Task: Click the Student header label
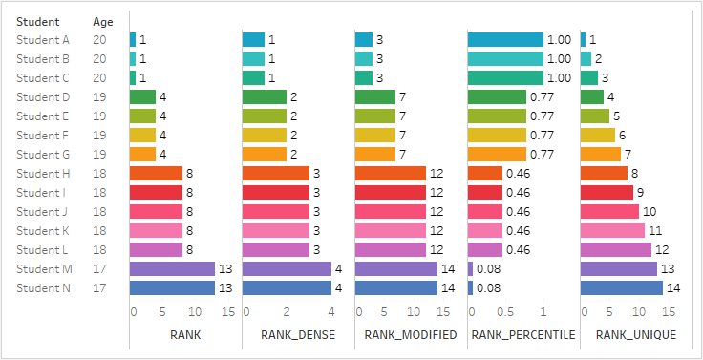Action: point(37,22)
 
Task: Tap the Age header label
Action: point(103,22)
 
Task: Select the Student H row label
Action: point(43,174)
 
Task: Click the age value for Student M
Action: point(99,269)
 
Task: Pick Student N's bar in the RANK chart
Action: point(172,287)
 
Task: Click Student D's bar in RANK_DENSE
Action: point(265,96)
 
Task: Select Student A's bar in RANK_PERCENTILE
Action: point(505,39)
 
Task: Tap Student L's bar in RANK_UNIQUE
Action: point(615,250)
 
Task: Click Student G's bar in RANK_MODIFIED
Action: point(375,155)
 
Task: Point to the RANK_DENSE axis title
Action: point(298,335)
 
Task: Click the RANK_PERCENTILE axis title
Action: point(523,335)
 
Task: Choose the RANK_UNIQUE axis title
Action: point(636,335)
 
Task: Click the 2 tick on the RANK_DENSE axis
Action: point(287,312)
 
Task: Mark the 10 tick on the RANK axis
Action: point(195,312)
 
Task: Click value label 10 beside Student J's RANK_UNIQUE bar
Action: point(650,212)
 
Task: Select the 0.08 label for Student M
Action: point(488,269)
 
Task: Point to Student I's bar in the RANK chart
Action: point(156,192)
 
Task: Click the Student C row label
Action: point(43,78)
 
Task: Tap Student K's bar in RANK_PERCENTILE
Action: point(485,231)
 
